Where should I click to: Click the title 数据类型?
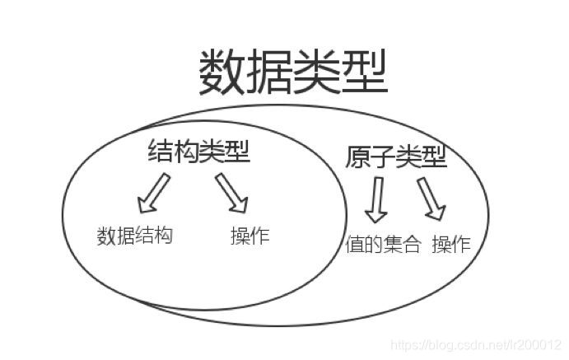292,72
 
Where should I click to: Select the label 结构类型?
198,152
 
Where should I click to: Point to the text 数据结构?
135,236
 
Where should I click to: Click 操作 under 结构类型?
250,236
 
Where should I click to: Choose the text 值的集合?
383,245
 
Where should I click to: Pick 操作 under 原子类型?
450,245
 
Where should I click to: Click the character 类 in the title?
316,72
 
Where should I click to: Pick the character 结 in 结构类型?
161,152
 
